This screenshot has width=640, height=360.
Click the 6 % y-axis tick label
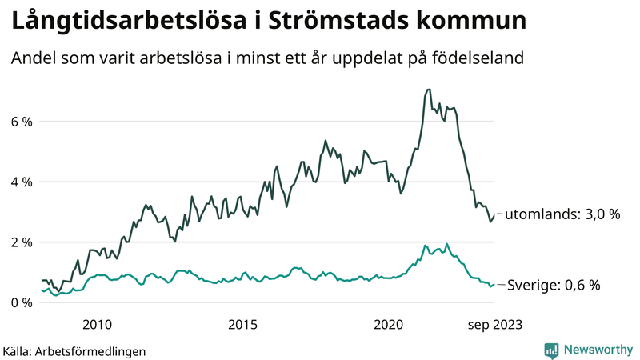[22, 122]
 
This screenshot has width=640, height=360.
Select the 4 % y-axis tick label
[22, 182]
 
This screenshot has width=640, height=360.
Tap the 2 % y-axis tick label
[22, 242]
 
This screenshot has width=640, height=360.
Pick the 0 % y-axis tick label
[22, 302]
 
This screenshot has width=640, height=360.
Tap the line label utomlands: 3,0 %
[562, 214]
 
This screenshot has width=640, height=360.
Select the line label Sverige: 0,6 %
[553, 285]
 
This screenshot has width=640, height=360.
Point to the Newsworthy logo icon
[551, 350]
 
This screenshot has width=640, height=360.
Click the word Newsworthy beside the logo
[597, 350]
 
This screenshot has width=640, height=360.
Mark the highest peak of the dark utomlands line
[429, 90]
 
